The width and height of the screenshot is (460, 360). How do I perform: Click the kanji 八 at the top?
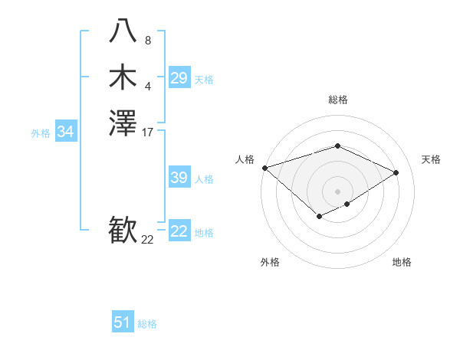click(123, 31)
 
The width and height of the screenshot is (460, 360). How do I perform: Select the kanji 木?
click(123, 77)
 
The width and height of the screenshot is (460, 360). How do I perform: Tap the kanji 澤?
click(123, 123)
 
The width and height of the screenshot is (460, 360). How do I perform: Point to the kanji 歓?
click(123, 231)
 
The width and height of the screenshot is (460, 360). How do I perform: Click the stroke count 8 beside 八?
click(147, 40)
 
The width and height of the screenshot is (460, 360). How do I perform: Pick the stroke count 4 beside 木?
click(147, 87)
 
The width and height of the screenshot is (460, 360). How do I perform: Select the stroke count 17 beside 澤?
click(148, 133)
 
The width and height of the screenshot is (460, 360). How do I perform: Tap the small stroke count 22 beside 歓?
click(147, 240)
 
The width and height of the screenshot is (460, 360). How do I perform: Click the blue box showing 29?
click(179, 78)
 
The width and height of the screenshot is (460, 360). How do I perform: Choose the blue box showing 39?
click(179, 178)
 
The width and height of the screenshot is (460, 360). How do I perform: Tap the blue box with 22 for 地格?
click(179, 231)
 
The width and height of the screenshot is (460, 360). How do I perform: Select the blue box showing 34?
click(66, 132)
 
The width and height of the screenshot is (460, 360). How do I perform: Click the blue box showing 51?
click(123, 322)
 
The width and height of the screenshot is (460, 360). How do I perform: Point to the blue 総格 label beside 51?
click(147, 324)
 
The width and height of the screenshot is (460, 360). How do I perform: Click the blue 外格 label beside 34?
click(41, 133)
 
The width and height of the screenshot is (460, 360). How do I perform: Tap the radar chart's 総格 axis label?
click(337, 100)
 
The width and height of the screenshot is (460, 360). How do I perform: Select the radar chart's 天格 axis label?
click(432, 159)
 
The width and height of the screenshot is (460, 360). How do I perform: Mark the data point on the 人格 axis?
click(264, 168)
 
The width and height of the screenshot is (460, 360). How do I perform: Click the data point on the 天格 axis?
click(396, 172)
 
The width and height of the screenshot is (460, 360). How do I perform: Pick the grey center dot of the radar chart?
click(337, 191)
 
